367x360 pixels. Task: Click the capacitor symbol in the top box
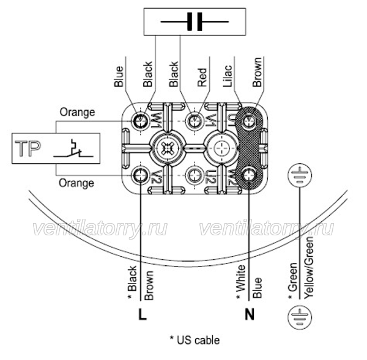coord(195,22)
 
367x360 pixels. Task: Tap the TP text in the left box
coord(28,149)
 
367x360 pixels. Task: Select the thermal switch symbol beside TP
coord(73,149)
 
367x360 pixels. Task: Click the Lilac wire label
coord(228,76)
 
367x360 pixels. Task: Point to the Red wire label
coord(202,78)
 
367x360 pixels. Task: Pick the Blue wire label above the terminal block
coord(119,76)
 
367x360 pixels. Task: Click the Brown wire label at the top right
coord(257,72)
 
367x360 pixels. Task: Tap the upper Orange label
coord(78,112)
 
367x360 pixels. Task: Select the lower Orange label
coord(76,183)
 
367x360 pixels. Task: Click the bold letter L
coord(143,314)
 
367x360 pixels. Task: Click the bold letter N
coord(250,314)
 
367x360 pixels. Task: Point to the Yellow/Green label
coord(309,267)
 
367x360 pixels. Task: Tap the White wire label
coord(241,282)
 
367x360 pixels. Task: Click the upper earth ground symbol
coord(300,175)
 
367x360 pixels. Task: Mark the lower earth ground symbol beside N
coord(300,317)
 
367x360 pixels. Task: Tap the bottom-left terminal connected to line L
coord(140,175)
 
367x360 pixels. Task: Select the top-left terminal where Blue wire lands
coord(140,121)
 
